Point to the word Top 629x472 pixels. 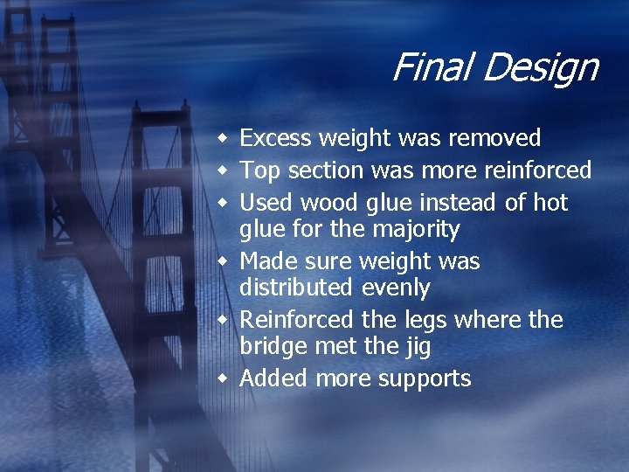pos(258,170)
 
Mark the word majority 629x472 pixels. pos(415,230)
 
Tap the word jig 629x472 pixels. pos(416,347)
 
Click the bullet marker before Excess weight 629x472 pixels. pos(225,139)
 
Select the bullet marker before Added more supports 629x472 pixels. pos(225,378)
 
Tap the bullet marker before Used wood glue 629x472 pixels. pos(225,204)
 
